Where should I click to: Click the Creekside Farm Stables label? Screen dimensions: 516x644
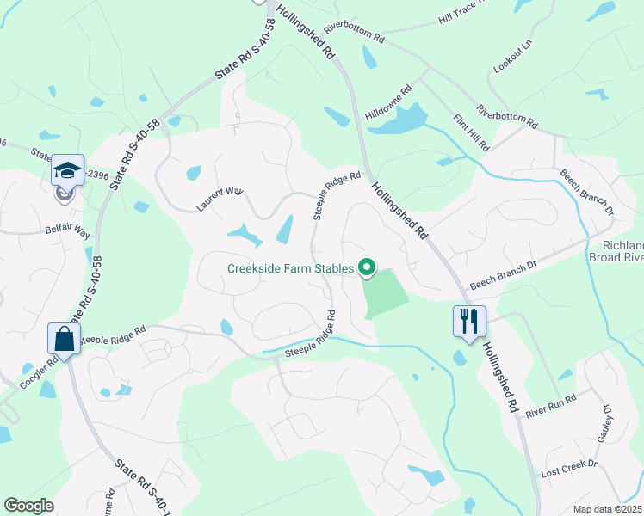[x=290, y=268]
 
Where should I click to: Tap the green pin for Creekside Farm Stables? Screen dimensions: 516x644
[x=367, y=269]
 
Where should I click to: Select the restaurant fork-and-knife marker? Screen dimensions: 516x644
[x=469, y=322]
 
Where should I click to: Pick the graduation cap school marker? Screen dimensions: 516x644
[x=66, y=171]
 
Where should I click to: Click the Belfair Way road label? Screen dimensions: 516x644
[x=68, y=232]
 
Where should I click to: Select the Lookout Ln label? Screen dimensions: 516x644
[x=515, y=54]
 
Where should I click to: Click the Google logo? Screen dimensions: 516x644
[x=28, y=506]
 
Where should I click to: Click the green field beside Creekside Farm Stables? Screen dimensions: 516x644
[x=384, y=292]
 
